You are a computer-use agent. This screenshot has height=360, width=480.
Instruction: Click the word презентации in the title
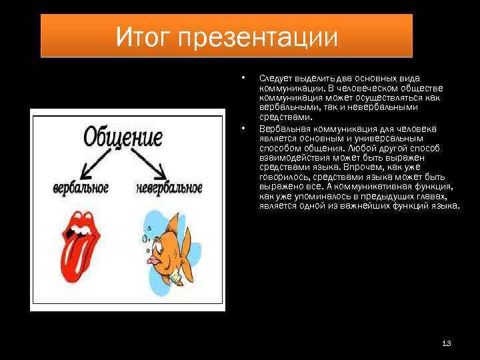(267, 37)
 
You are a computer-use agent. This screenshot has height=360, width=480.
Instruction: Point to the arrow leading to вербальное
(99, 162)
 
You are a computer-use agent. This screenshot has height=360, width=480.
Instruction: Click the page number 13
(447, 343)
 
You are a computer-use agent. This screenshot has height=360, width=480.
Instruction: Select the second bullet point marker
(244, 127)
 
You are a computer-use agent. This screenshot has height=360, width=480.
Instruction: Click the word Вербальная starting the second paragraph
(281, 129)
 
